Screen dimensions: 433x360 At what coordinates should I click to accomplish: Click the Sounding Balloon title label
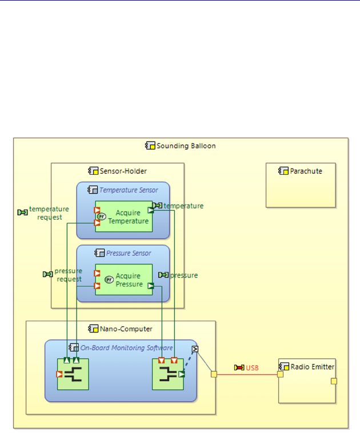coord(186,146)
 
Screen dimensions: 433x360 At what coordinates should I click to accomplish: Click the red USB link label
coord(252,367)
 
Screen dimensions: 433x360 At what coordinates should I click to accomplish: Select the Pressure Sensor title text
coord(129,252)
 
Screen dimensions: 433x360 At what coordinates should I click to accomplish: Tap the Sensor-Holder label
coord(123,170)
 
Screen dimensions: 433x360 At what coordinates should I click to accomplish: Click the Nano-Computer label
coord(126,328)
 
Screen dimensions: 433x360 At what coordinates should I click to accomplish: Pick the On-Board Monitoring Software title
coord(126,347)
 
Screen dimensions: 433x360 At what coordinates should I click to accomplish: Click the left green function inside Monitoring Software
coord(73,375)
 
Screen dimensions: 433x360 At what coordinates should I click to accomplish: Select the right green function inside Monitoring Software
coord(167,375)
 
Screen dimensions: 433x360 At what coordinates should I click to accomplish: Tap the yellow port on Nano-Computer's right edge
coord(214,374)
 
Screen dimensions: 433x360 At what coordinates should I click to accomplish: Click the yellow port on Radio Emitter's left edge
coord(280,374)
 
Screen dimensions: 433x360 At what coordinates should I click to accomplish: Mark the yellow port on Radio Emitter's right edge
coord(334,381)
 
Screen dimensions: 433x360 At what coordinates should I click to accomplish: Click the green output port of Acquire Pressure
coord(151,286)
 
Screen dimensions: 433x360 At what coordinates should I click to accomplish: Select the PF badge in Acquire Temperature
coord(102,216)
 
